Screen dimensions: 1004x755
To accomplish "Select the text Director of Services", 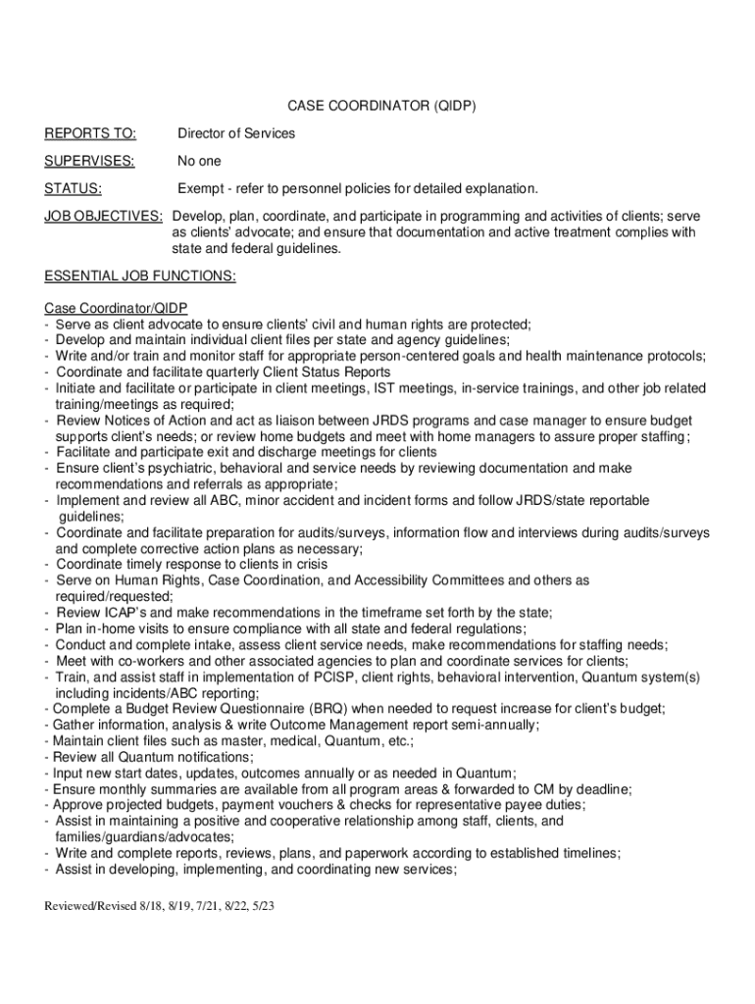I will coord(235,133).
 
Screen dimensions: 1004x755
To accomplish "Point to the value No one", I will coord(199,161).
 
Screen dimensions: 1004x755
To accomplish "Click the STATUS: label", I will coord(75,188).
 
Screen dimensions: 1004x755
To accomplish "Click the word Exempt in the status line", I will coord(200,188).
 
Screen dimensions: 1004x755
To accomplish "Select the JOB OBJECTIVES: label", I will coord(104,216).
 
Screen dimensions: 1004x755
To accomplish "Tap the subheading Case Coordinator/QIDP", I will coord(116,308).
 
